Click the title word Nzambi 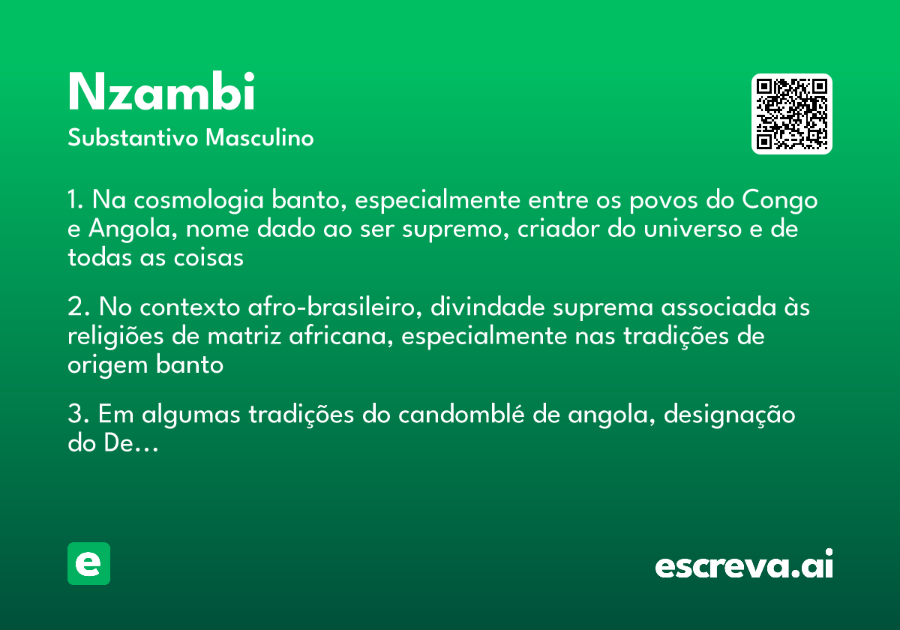(162, 93)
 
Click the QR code (792, 114)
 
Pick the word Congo (780, 201)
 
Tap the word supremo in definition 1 (453, 229)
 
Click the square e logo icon (88, 563)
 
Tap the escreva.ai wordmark (744, 566)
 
